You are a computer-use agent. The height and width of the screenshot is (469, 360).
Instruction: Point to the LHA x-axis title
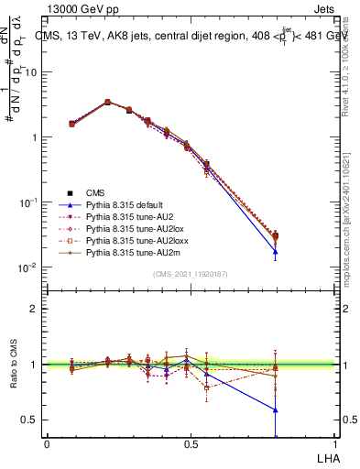pos(326,456)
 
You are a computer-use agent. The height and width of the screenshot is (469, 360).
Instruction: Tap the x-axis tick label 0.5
pos(191,442)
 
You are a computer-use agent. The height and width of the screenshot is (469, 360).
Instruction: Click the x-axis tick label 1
pos(335,442)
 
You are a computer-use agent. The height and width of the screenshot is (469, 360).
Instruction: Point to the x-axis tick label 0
pos(47,442)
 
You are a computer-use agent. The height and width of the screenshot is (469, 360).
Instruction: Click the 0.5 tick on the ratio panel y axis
pos(30,420)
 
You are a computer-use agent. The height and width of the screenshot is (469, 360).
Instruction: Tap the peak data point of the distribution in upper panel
pos(107,102)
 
